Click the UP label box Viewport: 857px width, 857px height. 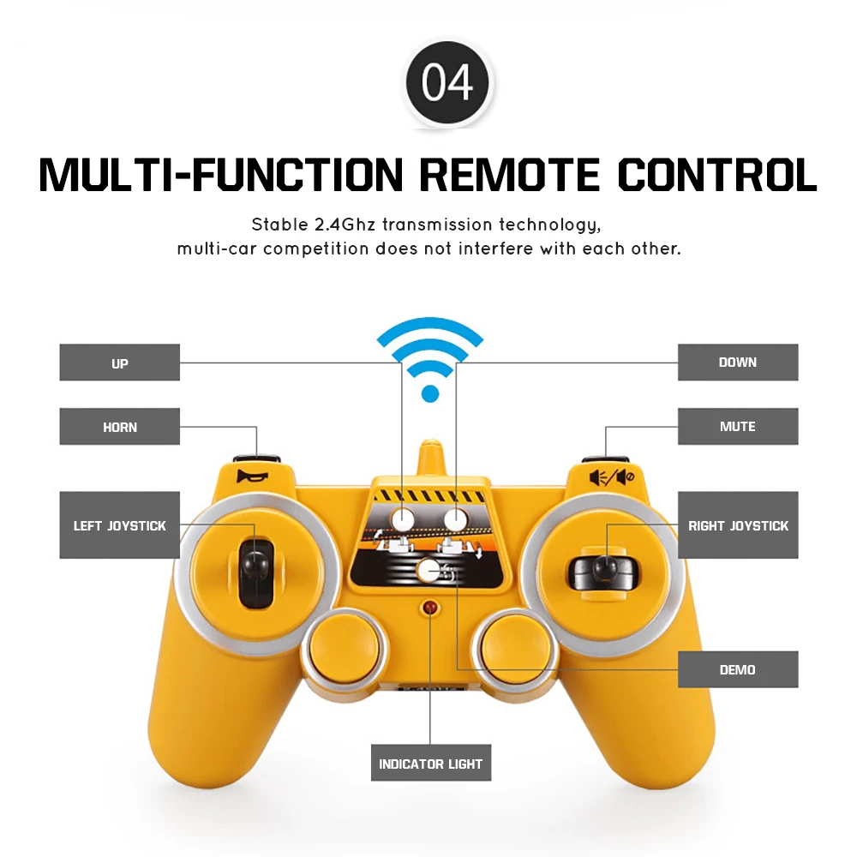tap(119, 363)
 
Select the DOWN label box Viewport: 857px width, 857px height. tap(737, 362)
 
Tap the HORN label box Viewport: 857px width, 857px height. tap(119, 426)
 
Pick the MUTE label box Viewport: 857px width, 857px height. tap(737, 426)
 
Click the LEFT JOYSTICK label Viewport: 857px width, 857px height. tap(119, 525)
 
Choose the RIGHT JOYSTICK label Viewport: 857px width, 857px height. tap(737, 525)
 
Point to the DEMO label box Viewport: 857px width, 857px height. tap(737, 669)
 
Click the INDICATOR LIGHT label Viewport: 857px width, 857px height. tap(430, 763)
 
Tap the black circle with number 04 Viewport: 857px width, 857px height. tap(446, 83)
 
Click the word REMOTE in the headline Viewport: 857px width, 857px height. tap(509, 174)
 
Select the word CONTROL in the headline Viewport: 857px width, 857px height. tap(716, 174)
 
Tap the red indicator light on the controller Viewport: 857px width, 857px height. tap(429, 608)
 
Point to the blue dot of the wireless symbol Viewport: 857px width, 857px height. tap(430, 393)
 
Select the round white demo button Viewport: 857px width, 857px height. tap(428, 570)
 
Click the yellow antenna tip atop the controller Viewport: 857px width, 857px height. tap(430, 452)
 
